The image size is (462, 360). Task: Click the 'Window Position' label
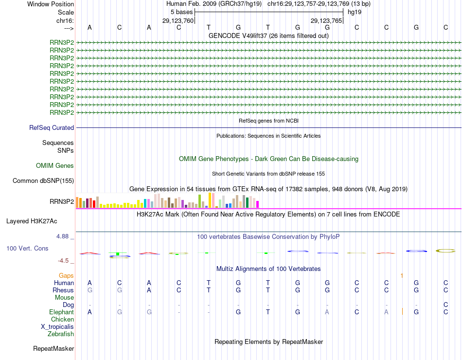(x=51, y=4)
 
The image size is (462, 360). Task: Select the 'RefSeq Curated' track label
(x=52, y=128)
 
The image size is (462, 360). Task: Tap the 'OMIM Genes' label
(x=55, y=166)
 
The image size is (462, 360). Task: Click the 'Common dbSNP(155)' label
(x=43, y=181)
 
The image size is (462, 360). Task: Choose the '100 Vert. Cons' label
(x=27, y=249)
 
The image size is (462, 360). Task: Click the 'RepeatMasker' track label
(x=53, y=349)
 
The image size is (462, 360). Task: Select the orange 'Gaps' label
(x=66, y=276)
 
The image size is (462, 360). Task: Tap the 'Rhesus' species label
(x=63, y=290)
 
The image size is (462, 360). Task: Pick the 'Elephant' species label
(x=62, y=312)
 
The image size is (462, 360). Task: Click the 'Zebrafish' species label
(x=61, y=334)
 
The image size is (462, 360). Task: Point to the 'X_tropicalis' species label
(x=57, y=327)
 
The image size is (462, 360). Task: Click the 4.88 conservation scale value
(x=65, y=236)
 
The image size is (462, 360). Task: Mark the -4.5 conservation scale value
(x=66, y=261)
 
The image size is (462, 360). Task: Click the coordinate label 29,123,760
(x=178, y=21)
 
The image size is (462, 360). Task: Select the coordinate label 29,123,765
(x=326, y=21)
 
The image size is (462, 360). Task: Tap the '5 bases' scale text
(x=181, y=12)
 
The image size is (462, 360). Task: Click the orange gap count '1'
(x=402, y=276)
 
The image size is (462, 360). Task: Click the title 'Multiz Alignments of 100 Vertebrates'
(x=268, y=269)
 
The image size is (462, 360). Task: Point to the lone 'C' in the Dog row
(x=445, y=305)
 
